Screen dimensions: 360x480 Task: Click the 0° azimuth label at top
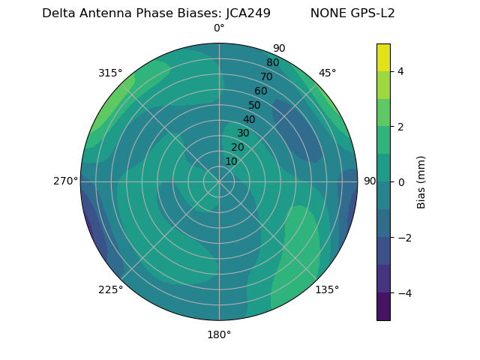(219, 28)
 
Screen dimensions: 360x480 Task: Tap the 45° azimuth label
(327, 73)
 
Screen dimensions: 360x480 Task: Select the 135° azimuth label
(327, 289)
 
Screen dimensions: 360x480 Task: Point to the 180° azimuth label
(219, 334)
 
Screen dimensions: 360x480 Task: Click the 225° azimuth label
(110, 290)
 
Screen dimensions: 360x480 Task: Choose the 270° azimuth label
(66, 181)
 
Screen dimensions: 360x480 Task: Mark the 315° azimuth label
(110, 73)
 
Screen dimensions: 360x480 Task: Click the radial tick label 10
(231, 162)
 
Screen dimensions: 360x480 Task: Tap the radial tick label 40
(249, 120)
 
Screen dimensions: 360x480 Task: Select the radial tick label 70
(266, 76)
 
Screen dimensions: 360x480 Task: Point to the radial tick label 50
(255, 105)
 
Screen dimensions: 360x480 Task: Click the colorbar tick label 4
(400, 71)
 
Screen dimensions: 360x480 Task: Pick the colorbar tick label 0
(400, 181)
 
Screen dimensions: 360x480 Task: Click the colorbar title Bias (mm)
(421, 181)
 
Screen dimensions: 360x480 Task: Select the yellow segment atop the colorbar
(383, 57)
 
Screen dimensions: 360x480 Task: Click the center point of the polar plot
(219, 181)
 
